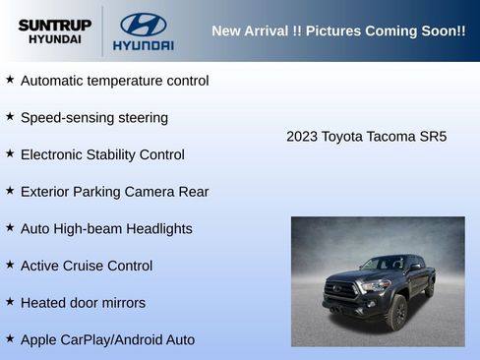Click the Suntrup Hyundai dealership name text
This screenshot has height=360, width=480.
click(x=54, y=30)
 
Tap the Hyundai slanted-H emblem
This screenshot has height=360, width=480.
click(x=143, y=25)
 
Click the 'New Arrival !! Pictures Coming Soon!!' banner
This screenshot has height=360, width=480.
click(x=338, y=30)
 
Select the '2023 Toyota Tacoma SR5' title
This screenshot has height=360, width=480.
click(x=366, y=136)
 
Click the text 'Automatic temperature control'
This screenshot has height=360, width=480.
click(x=114, y=81)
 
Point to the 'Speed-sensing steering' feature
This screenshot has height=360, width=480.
click(x=93, y=117)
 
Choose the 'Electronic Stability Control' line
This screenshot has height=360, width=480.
click(x=102, y=154)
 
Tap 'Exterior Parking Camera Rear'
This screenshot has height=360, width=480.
click(x=114, y=191)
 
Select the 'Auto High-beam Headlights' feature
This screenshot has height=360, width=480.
click(x=106, y=228)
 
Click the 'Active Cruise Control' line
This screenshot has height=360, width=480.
click(x=87, y=266)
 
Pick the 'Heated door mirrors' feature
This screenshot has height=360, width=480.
click(x=83, y=302)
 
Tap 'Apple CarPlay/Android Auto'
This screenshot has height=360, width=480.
click(x=107, y=339)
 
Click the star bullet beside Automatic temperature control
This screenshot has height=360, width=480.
click(x=10, y=79)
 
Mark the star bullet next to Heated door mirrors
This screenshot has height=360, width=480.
click(x=10, y=301)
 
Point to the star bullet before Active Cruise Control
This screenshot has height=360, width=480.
click(x=10, y=264)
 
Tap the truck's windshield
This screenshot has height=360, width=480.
click(x=383, y=264)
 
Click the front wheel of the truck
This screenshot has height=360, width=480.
click(x=397, y=312)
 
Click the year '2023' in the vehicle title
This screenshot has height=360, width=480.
click(x=302, y=136)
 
